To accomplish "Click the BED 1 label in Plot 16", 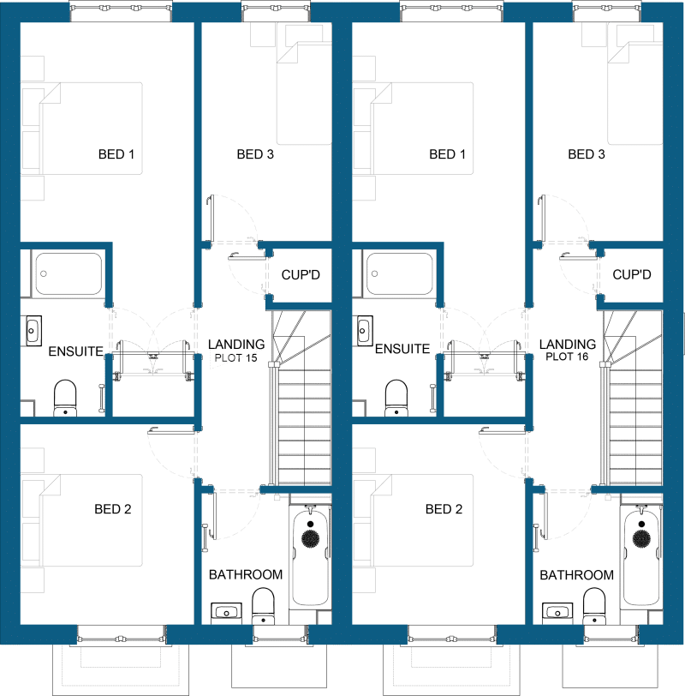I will click(x=448, y=155).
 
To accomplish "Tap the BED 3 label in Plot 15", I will click(x=255, y=155).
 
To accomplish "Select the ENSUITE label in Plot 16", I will click(x=402, y=350).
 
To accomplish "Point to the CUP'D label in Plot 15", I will click(x=300, y=275).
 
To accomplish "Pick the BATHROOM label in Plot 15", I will click(x=245, y=574).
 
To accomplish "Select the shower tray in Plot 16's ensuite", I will click(x=399, y=274).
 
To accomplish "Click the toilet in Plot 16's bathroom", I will click(x=593, y=607).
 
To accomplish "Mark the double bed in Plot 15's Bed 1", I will click(x=86, y=129).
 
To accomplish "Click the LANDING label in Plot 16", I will click(x=568, y=345).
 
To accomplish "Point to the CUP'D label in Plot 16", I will click(x=632, y=275).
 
